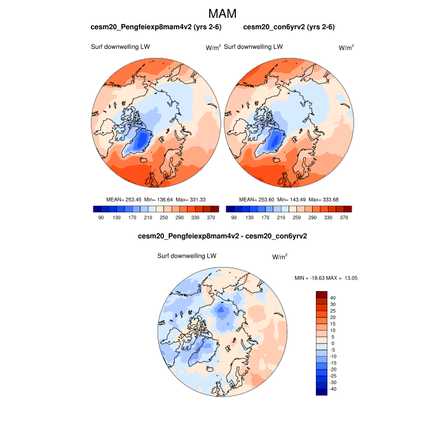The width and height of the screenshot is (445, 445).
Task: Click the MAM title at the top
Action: point(222,13)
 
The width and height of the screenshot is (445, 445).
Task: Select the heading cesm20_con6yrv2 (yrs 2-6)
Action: point(289,27)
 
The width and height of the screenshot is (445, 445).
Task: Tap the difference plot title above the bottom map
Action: point(222,236)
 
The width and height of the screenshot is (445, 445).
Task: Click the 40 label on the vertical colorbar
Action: point(333,298)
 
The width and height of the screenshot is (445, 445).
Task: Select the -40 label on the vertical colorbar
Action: point(334,389)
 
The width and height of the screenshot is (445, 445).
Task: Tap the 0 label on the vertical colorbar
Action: point(332,343)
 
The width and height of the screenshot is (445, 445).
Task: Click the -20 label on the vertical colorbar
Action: point(334,369)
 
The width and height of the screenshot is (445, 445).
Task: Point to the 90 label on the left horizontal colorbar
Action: point(100,217)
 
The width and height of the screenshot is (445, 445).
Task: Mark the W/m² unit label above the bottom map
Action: point(280,257)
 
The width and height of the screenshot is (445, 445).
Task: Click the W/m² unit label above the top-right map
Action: point(346,48)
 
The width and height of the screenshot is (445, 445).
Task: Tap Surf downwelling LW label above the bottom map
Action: point(187,256)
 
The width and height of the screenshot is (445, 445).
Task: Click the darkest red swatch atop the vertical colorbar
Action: point(322,294)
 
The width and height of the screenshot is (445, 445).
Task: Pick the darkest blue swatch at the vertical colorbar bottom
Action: point(322,392)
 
